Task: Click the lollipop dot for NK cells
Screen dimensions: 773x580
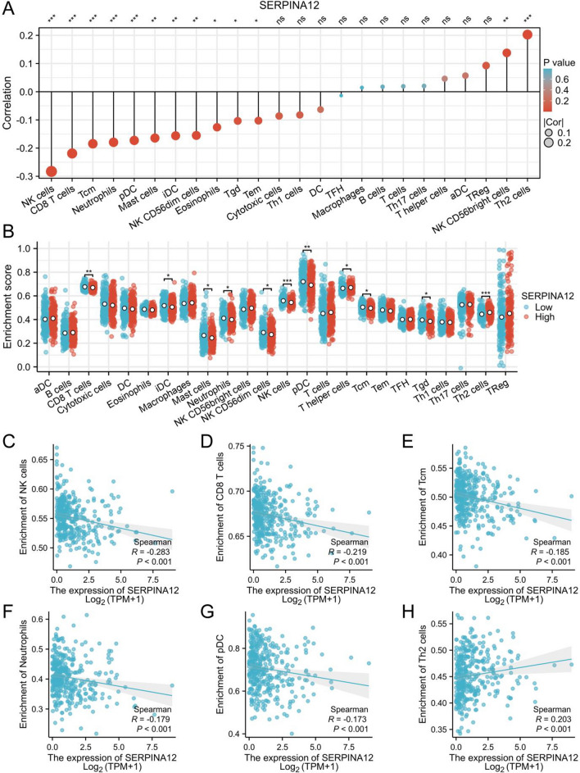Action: (52, 171)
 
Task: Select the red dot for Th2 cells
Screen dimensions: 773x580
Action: (527, 34)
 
